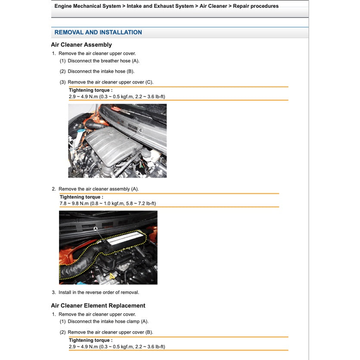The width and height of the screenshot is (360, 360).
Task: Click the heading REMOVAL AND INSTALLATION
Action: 98,32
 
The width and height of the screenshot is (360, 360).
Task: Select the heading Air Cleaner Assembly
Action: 81,45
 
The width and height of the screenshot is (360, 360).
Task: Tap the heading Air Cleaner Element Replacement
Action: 98,306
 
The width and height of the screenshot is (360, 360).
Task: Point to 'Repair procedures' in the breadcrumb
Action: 255,6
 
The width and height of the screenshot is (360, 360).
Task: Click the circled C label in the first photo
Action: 140,130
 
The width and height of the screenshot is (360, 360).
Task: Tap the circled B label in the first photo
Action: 87,169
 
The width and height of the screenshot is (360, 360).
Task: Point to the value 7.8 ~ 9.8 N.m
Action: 74,203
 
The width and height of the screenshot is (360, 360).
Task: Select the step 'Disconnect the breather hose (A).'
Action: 103,61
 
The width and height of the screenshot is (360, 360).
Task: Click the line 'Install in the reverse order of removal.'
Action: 99,292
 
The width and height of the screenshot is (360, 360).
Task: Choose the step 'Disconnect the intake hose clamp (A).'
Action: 108,321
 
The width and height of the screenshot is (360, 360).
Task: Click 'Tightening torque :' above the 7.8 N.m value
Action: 81,197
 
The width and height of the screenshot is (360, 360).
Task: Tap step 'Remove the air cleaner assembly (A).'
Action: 99,189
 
